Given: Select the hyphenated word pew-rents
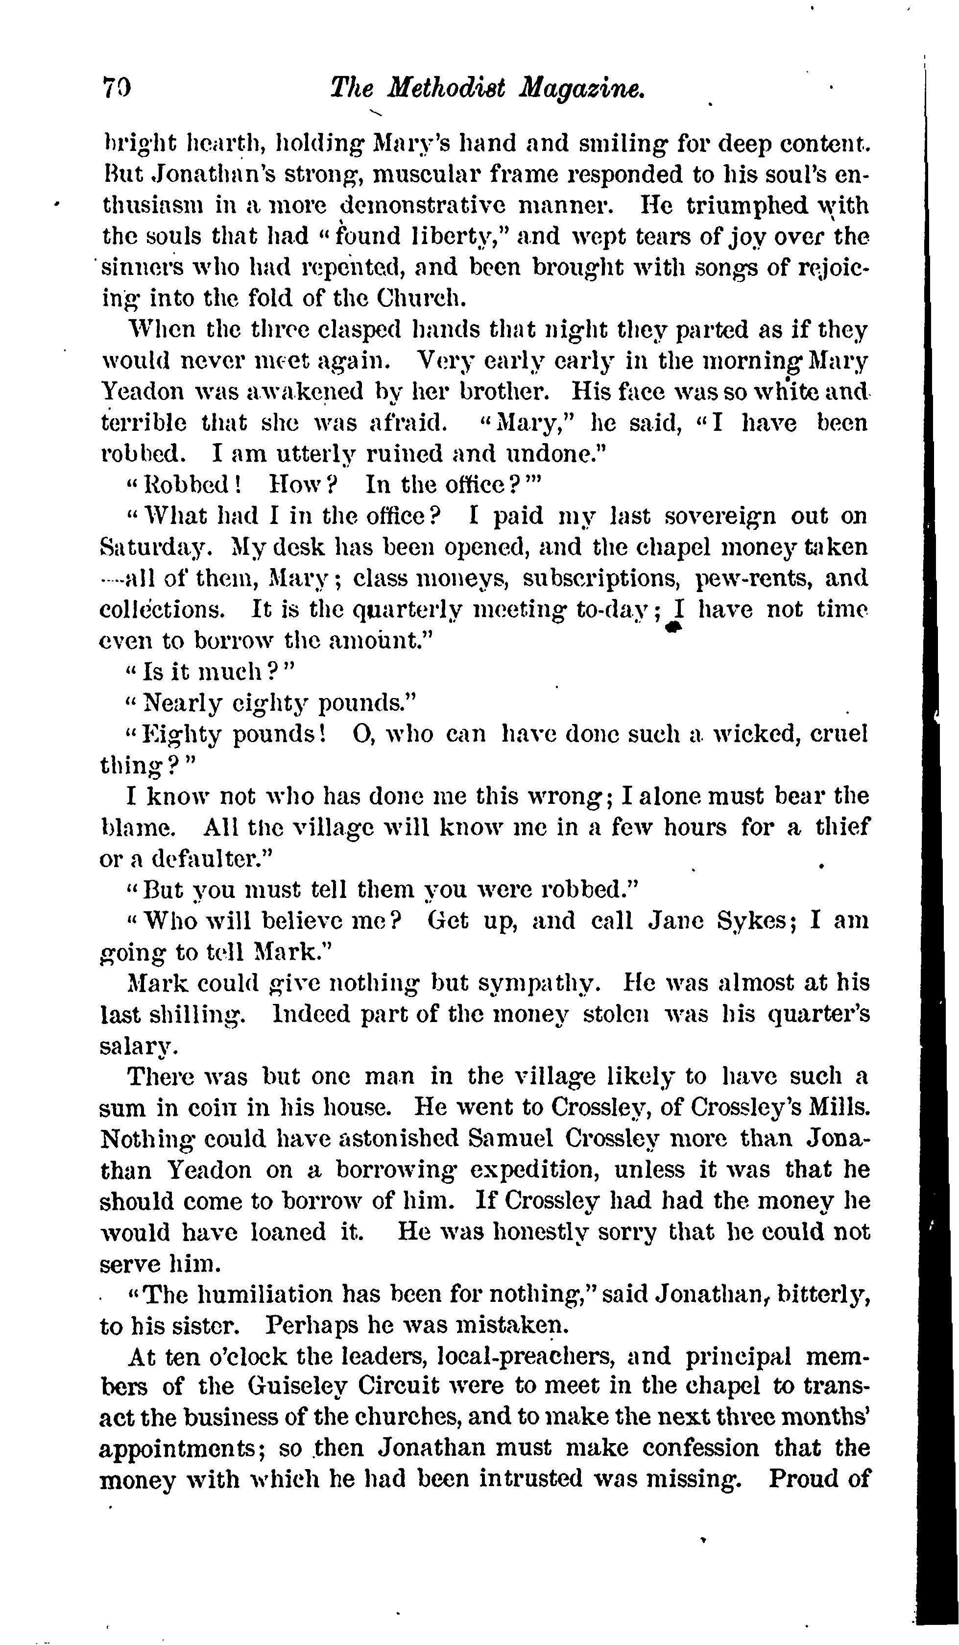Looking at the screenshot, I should point(753,578).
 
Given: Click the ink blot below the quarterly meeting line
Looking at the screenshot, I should point(674,628).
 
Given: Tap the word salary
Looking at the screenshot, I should point(139,1047).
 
